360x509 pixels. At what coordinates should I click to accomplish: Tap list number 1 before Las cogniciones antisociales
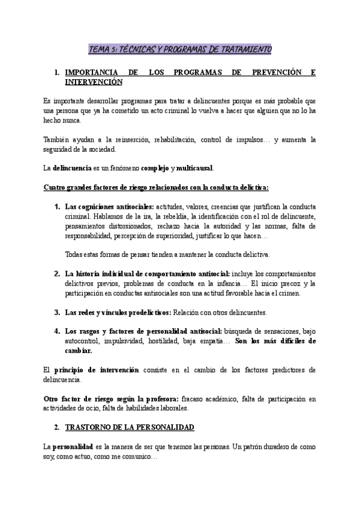[x=56, y=206]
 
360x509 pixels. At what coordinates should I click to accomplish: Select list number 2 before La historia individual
[x=56, y=274]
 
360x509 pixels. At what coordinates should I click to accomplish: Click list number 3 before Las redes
[x=56, y=313]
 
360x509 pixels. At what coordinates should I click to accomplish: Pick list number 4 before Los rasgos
[x=56, y=332]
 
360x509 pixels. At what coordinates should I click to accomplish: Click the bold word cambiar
[x=78, y=351]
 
